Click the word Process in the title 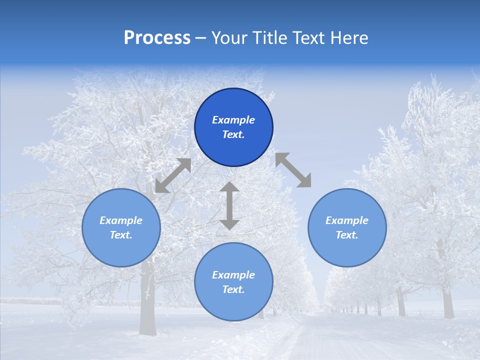[x=157, y=38]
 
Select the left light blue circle [x=121, y=250]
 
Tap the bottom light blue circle [x=233, y=305]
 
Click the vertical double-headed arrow [x=229, y=206]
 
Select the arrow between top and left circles [x=173, y=175]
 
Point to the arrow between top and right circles [x=293, y=170]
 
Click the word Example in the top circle [x=233, y=120]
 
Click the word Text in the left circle [x=121, y=235]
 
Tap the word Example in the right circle [x=347, y=220]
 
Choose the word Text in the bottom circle [x=233, y=289]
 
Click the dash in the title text [x=201, y=38]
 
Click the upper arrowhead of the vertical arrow [x=229, y=187]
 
